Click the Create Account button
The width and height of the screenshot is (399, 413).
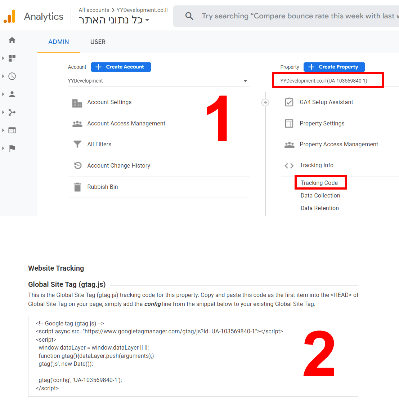[121, 67]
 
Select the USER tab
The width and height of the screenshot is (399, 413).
[98, 42]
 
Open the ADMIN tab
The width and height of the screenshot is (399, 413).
[58, 42]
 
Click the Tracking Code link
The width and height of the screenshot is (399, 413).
[319, 183]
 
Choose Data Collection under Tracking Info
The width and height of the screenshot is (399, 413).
[320, 195]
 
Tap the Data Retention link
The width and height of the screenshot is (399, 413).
[319, 208]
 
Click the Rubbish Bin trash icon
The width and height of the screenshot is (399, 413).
[77, 187]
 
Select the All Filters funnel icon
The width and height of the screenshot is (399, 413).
[77, 144]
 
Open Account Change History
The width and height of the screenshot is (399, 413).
[119, 165]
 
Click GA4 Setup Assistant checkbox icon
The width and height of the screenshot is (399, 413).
[289, 102]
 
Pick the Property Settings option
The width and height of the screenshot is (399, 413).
[322, 123]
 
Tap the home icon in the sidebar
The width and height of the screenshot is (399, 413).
[12, 40]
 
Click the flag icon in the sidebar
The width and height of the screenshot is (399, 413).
[12, 148]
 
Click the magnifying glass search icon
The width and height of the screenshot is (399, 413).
[189, 16]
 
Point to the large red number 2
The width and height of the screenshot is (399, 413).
[319, 354]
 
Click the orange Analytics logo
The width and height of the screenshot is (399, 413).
[10, 16]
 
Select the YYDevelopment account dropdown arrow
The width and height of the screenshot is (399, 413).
[245, 81]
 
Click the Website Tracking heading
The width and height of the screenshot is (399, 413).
[56, 268]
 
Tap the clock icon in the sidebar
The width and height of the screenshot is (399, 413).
[12, 76]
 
